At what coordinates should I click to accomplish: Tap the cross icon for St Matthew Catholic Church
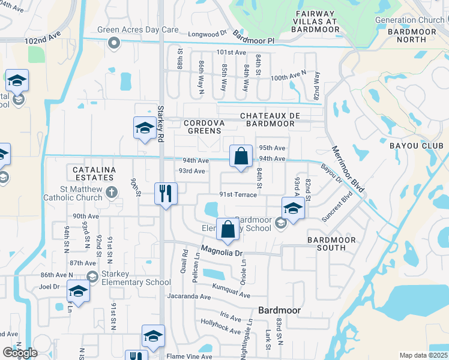110,192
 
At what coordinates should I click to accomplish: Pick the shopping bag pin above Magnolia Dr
228,229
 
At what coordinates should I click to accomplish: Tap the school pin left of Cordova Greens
145,128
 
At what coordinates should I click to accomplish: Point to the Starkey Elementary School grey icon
92,277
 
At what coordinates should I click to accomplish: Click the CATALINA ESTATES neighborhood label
94,174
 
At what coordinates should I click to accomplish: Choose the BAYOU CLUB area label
416,146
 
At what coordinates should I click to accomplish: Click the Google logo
20,352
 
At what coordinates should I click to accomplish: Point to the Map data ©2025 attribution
423,355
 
